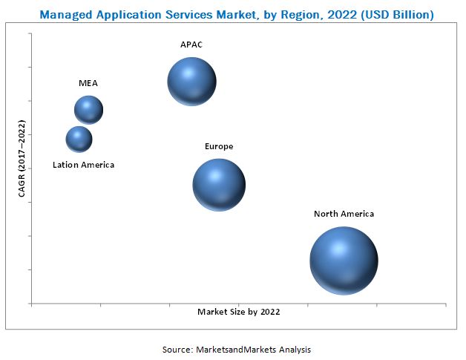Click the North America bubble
344,261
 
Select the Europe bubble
219,185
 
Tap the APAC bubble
191,82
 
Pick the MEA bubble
88,110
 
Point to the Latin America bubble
79,139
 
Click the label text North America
344,214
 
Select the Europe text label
219,146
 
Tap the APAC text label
191,45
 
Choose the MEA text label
88,83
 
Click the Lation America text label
84,165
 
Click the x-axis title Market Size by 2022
238,312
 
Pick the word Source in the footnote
178,349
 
